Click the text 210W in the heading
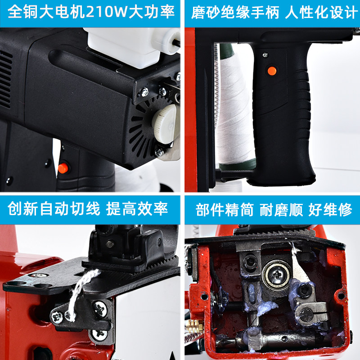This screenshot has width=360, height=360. point(107,12)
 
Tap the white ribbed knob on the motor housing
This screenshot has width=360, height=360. point(164,123)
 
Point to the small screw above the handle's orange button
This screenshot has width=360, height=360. point(265,55)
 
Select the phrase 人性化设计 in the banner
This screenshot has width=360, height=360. point(321,13)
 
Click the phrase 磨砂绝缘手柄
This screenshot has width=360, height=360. point(235,13)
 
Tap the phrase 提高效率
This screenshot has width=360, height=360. point(137,209)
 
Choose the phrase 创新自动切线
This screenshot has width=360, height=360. point(54,209)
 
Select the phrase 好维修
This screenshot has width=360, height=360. point(330,209)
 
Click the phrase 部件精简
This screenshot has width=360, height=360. point(225,209)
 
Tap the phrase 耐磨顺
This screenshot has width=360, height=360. point(281,209)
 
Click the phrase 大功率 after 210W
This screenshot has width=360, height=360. point(152,12)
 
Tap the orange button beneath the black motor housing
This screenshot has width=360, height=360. point(63,168)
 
